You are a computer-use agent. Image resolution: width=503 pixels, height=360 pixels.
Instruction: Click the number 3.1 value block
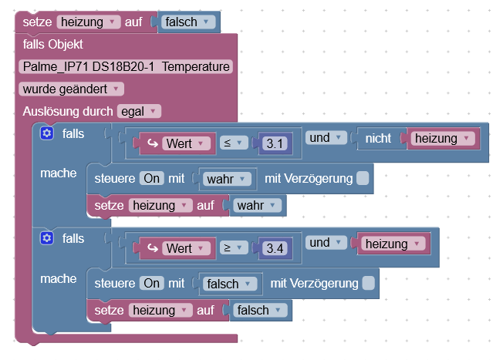coord(273,143)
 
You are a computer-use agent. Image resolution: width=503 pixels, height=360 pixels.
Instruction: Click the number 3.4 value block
coord(273,248)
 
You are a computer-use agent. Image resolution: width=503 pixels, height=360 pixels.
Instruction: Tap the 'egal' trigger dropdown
coord(139,111)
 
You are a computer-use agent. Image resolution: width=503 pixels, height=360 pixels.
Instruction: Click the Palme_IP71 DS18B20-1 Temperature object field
coord(126,67)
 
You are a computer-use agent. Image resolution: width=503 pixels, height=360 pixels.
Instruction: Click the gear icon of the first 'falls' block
coord(47,134)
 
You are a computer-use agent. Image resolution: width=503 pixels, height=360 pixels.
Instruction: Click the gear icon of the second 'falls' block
coord(47,239)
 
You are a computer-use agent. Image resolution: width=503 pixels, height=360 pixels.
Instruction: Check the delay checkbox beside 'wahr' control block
coord(363,179)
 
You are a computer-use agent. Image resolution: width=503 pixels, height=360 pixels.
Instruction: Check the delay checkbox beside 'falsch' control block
coord(368,284)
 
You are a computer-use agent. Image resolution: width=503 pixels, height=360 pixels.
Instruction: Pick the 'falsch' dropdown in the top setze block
coord(188,22)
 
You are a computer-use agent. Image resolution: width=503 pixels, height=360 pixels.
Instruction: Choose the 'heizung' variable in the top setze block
coord(87,22)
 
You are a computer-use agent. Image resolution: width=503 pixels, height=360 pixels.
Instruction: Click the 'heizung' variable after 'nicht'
coord(443,139)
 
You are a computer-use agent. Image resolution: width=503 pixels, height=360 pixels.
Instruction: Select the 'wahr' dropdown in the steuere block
coord(228,179)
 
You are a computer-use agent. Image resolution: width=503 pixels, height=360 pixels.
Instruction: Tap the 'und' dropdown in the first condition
coord(325,138)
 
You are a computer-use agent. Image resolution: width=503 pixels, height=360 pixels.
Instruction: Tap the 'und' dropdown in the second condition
coord(325,243)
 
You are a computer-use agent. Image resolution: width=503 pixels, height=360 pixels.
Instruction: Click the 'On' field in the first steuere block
coord(151,179)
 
